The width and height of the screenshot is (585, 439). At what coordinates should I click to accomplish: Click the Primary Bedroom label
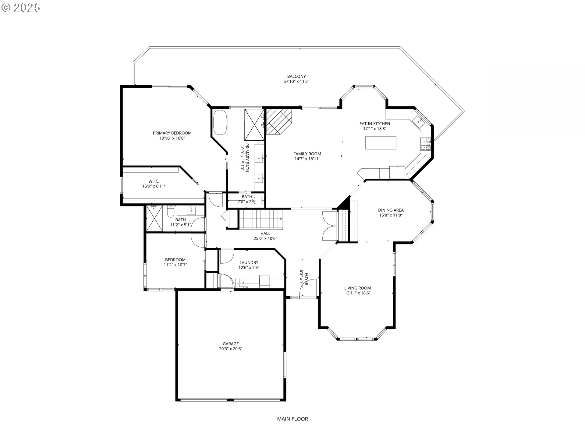pyautogui.click(x=172, y=133)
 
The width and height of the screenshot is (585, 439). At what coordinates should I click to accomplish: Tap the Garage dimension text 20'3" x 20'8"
pyautogui.click(x=231, y=349)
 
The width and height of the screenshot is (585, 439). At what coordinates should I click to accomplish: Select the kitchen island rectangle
pyautogui.click(x=381, y=143)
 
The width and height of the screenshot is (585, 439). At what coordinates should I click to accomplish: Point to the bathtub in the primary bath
pyautogui.click(x=220, y=123)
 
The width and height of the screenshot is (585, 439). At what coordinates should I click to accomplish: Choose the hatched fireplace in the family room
pyautogui.click(x=279, y=121)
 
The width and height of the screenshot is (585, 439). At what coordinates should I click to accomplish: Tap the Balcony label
pyautogui.click(x=296, y=77)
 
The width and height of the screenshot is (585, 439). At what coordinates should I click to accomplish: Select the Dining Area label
pyautogui.click(x=391, y=210)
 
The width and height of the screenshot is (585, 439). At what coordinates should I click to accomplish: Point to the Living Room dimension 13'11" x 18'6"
pyautogui.click(x=358, y=293)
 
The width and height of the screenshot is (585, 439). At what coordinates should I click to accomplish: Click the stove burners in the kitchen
pyautogui.click(x=426, y=144)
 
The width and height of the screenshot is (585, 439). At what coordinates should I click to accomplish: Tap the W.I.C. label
pyautogui.click(x=154, y=181)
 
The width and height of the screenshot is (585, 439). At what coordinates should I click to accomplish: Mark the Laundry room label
pyautogui.click(x=249, y=262)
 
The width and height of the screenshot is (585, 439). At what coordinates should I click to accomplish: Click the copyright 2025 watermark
pyautogui.click(x=21, y=8)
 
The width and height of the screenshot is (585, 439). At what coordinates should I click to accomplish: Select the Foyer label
pyautogui.click(x=306, y=279)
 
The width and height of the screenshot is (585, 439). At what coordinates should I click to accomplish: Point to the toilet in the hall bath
pyautogui.click(x=170, y=211)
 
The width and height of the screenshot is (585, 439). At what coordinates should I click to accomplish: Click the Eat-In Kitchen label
pyautogui.click(x=375, y=123)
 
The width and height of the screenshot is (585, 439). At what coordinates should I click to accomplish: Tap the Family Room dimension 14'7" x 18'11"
pyautogui.click(x=307, y=159)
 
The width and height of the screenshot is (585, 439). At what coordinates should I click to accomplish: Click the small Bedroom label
pyautogui.click(x=175, y=260)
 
